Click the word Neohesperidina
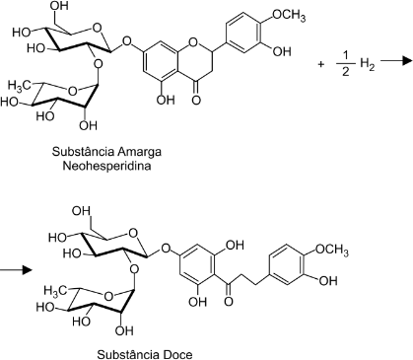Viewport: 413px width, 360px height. pyautogui.click(x=106, y=166)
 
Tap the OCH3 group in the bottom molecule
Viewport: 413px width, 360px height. pyautogui.click(x=332, y=251)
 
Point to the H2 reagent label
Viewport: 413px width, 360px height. pyautogui.click(x=368, y=63)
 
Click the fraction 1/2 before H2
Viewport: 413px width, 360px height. pyautogui.click(x=345, y=64)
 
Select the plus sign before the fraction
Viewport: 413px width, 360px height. pyautogui.click(x=320, y=64)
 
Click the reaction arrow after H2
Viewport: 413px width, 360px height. pyautogui.click(x=396, y=60)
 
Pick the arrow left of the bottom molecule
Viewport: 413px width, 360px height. pyautogui.click(x=16, y=270)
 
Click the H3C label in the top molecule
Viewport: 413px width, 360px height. pyautogui.click(x=19, y=86)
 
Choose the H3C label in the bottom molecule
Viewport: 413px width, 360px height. pyautogui.click(x=56, y=290)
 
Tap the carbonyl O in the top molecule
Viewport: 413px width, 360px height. pyautogui.click(x=196, y=100)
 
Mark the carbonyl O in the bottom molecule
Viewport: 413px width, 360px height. pyautogui.click(x=229, y=301)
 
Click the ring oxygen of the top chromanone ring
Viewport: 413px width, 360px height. pyautogui.click(x=194, y=41)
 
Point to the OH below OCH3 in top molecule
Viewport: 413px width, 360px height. pyautogui.click(x=282, y=51)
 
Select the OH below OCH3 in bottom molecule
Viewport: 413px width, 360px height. pyautogui.click(x=328, y=281)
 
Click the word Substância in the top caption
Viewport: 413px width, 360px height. pyautogui.click(x=83, y=152)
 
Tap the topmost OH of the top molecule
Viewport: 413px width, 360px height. pyautogui.click(x=59, y=6)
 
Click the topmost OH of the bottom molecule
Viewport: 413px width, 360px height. pyautogui.click(x=81, y=211)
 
